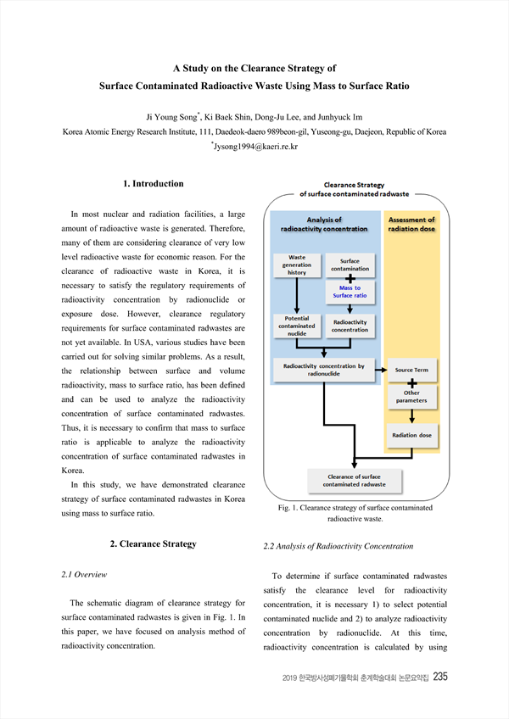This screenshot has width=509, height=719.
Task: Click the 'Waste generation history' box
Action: [x=297, y=265]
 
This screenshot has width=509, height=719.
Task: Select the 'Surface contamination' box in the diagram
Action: [x=350, y=265]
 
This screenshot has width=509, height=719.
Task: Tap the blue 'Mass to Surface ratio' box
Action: [x=350, y=292]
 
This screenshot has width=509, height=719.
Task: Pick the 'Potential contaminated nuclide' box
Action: [x=297, y=326]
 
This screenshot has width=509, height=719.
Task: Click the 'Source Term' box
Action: [x=411, y=370]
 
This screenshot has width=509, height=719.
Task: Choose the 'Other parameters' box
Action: [x=411, y=397]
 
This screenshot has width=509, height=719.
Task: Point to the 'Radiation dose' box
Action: [x=411, y=435]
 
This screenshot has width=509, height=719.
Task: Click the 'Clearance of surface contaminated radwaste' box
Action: [x=355, y=481]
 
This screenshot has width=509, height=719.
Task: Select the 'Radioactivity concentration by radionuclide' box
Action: [x=323, y=370]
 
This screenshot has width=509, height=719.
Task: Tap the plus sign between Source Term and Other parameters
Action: [x=412, y=383]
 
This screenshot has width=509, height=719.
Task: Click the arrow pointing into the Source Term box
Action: [x=381, y=370]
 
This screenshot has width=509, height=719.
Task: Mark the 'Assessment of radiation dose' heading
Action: [x=411, y=224]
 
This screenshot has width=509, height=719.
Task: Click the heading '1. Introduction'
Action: [x=154, y=184]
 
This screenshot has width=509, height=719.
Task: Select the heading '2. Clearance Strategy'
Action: [x=154, y=543]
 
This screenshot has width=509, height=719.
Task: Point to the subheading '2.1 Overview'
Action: [x=84, y=575]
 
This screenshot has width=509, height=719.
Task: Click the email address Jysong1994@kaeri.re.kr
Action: [x=255, y=147]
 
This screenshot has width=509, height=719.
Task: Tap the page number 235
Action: [x=440, y=677]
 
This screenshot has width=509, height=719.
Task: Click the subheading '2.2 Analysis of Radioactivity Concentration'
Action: [x=338, y=546]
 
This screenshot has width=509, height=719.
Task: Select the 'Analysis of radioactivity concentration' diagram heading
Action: [x=324, y=224]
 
